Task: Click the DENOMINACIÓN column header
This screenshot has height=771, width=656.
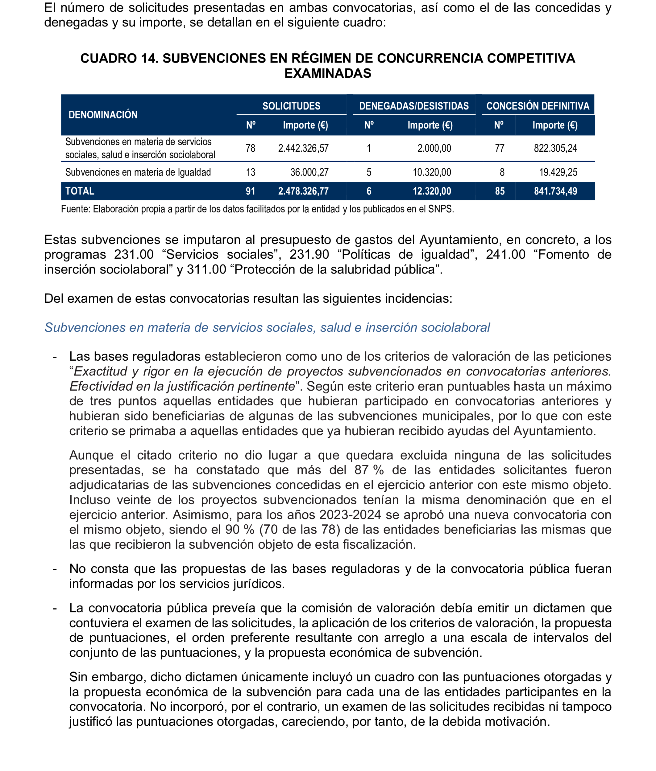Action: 103,115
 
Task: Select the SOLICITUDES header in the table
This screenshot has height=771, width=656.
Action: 291,106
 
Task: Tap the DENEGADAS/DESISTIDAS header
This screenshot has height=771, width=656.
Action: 413,106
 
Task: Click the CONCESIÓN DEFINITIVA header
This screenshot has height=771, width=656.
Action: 538,106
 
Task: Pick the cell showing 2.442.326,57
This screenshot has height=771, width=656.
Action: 303,149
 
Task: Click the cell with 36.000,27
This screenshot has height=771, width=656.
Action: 309,172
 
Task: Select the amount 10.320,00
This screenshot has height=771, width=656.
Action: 432,172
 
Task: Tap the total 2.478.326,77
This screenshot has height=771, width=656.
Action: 303,191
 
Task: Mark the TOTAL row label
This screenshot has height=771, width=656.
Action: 80,191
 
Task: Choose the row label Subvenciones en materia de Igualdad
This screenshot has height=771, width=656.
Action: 138,172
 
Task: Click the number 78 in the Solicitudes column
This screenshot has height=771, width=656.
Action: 250,149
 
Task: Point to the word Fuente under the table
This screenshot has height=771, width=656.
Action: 76,209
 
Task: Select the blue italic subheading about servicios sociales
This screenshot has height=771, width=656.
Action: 267,328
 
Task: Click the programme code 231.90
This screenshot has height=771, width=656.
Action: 309,255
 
